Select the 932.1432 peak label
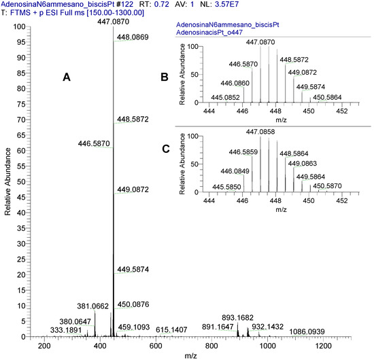[x=271, y=327]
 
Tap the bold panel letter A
[x=67, y=78]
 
